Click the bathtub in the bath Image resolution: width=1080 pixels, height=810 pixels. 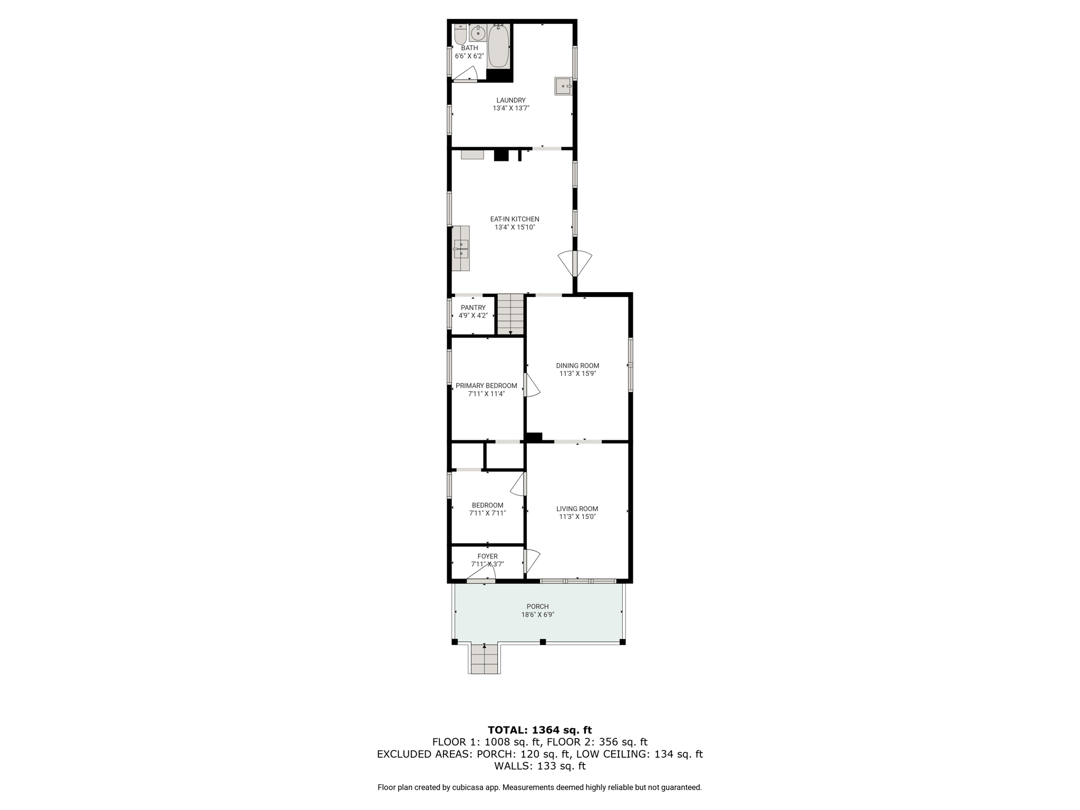[x=499, y=46]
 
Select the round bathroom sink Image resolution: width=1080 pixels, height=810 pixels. [x=478, y=33]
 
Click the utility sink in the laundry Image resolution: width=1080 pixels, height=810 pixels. [x=563, y=86]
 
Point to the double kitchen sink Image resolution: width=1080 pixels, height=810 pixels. [x=461, y=248]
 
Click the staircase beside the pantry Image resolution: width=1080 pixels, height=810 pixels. [x=510, y=314]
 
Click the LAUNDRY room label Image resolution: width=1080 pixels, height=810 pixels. [x=511, y=100]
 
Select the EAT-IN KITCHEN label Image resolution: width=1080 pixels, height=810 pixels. [x=515, y=219]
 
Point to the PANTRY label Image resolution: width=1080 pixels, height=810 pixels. [x=473, y=307]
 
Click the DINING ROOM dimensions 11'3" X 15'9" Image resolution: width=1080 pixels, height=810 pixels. [x=577, y=373]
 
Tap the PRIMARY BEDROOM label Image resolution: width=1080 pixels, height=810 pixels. [x=486, y=385]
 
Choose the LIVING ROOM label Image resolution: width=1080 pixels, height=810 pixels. [x=577, y=509]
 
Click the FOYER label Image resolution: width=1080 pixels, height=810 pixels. [x=488, y=556]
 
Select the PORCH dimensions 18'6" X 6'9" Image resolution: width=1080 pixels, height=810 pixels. [x=538, y=614]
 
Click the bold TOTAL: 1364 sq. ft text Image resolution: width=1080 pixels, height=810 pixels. [x=540, y=730]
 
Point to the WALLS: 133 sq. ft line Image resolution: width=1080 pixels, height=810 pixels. [x=540, y=766]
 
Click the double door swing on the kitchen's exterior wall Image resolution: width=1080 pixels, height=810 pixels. [x=575, y=264]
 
